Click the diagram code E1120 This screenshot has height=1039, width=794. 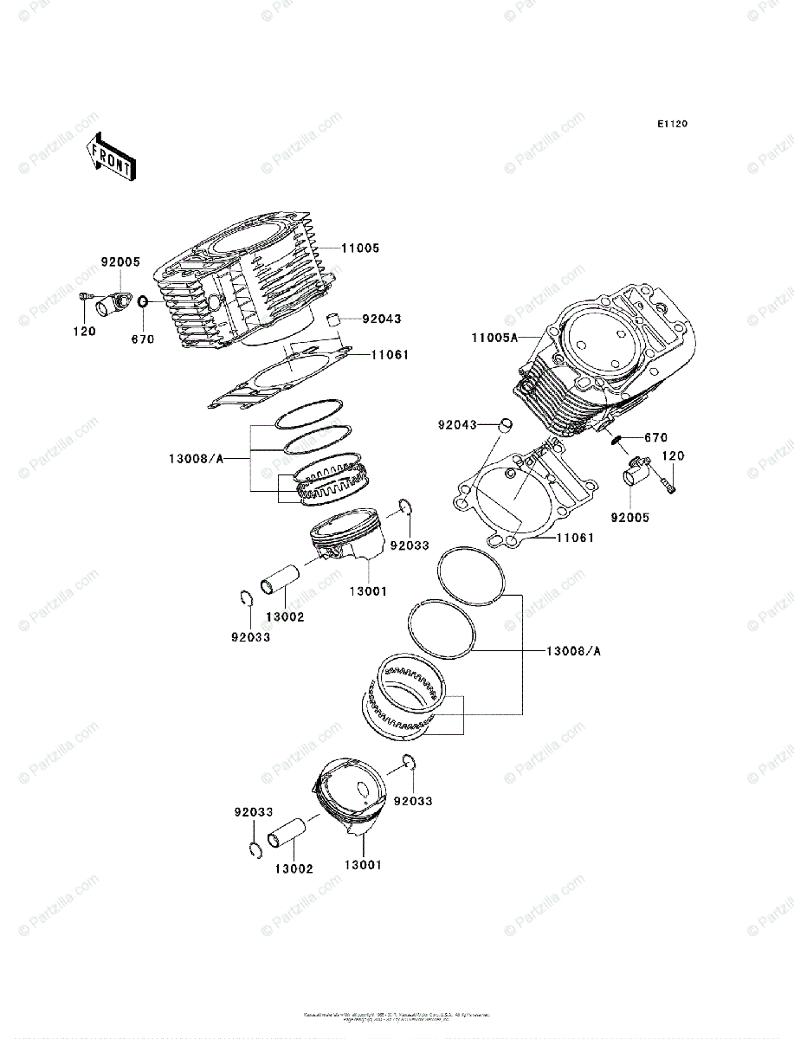coord(671,125)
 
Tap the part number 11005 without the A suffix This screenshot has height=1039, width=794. coord(359,248)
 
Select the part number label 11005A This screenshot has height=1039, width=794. coord(494,339)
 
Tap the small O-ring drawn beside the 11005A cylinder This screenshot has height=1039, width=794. coord(616,439)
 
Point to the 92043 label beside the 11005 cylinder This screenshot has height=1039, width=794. coord(381,319)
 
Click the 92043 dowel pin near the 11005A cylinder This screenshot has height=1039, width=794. coord(507,425)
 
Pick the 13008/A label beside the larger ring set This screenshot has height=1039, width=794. coord(573,650)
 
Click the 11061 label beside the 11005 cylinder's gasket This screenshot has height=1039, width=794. coord(391,355)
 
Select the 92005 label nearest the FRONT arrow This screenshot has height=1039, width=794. coord(120,262)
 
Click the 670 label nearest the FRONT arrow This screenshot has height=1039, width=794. coord(143,339)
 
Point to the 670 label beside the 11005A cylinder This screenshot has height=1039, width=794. coord(655,438)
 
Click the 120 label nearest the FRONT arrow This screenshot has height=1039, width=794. coord(84,332)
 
